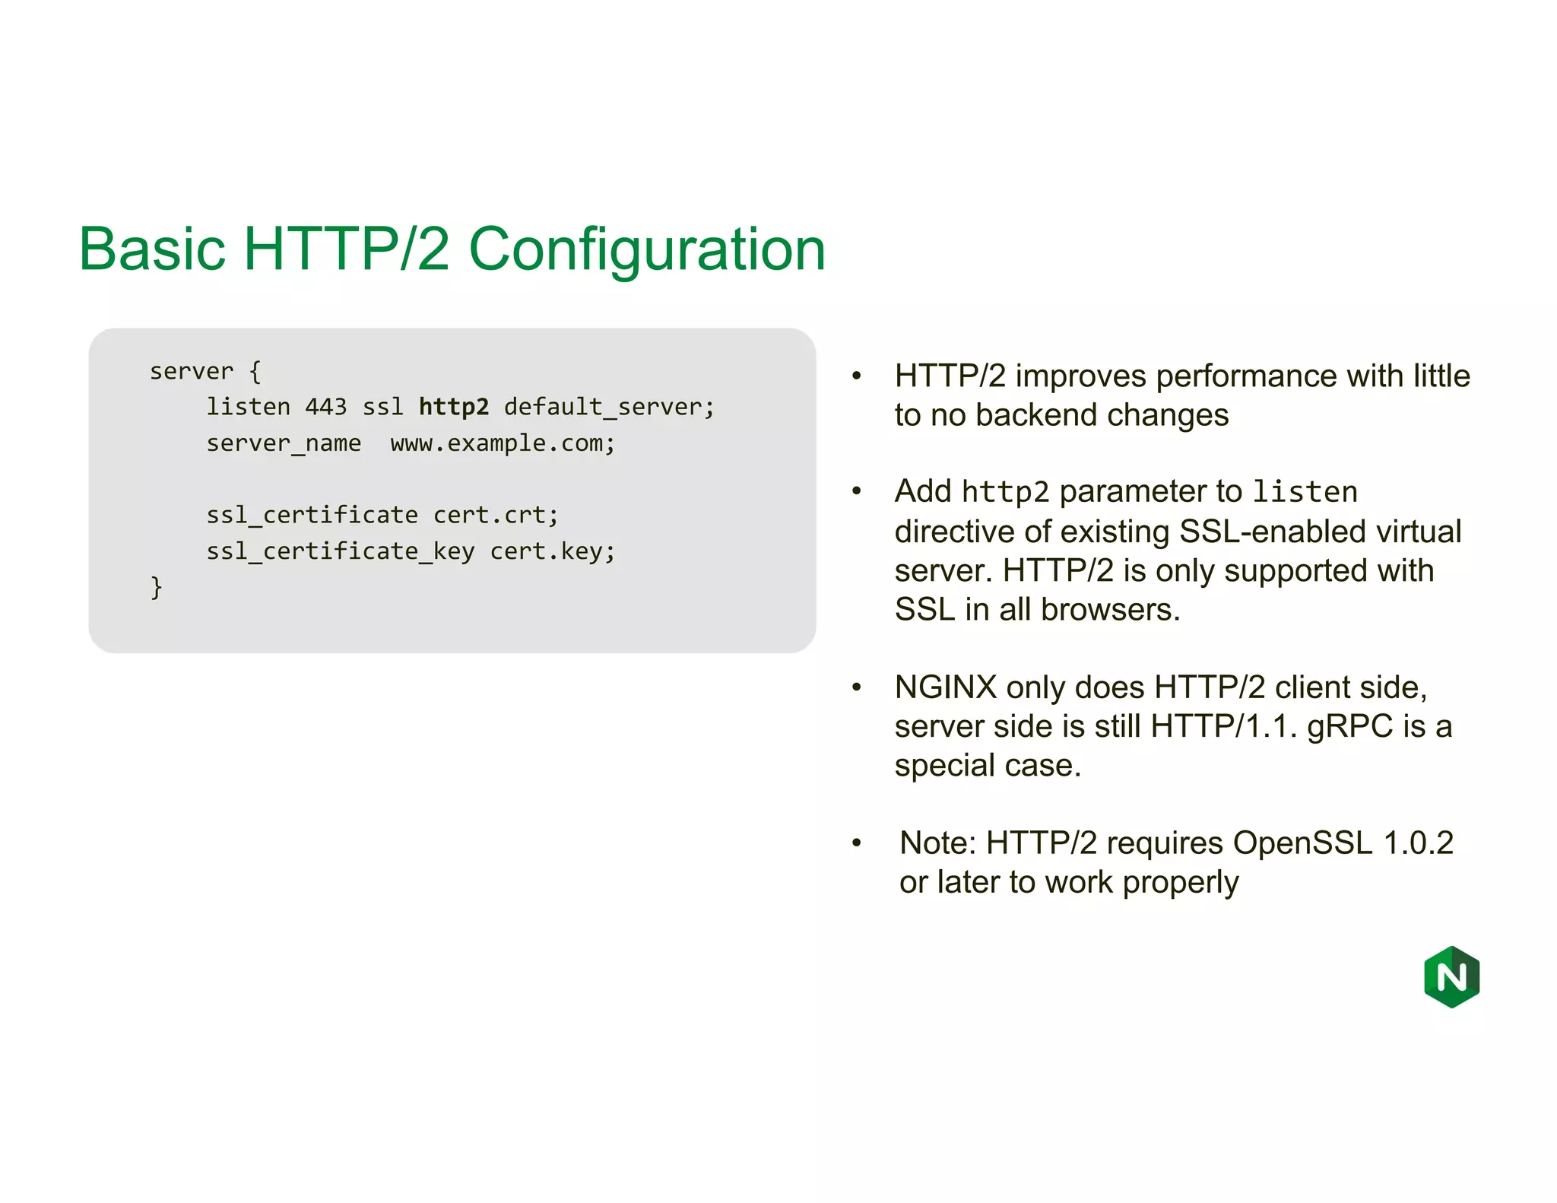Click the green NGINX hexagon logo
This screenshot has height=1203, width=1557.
point(1451,977)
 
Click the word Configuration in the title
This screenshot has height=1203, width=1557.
point(647,249)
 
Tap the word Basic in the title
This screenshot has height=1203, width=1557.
point(152,249)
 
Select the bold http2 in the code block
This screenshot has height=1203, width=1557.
point(454,407)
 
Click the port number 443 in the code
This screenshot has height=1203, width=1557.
point(325,407)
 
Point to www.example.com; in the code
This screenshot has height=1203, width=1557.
point(503,443)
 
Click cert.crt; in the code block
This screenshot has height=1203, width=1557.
point(496,516)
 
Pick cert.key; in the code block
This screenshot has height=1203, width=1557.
point(553,551)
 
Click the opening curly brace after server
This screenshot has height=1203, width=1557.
point(255,372)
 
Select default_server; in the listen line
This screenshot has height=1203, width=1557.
point(609,407)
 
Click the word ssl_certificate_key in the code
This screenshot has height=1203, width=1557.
point(341,551)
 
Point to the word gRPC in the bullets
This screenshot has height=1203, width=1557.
point(1349,727)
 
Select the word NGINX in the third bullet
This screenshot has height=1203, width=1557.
point(945,687)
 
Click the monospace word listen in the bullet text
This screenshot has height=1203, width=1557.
point(1305,492)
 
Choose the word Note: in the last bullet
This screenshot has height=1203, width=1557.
point(937,843)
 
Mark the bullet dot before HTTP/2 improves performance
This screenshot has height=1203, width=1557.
point(857,376)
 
